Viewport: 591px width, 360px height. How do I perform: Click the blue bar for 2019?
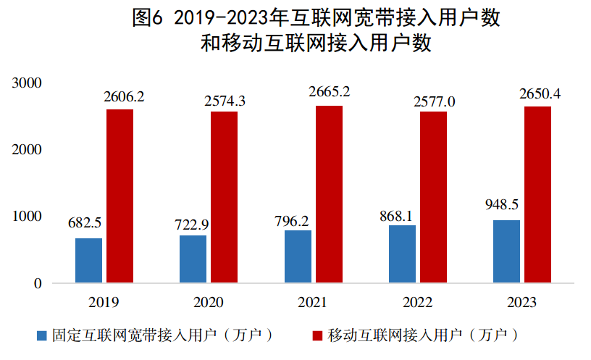(x=88, y=260)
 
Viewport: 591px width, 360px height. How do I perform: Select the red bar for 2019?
(x=120, y=196)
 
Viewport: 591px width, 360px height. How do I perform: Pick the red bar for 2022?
(x=433, y=197)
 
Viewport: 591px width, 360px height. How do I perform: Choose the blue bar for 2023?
(x=506, y=251)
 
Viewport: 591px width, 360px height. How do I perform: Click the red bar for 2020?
(x=225, y=197)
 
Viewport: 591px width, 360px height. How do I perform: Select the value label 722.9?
(x=193, y=222)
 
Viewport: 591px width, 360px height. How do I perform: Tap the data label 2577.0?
(x=434, y=101)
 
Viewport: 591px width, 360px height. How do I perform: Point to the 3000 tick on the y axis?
(x=28, y=83)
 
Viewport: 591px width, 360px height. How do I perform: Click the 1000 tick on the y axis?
(x=28, y=217)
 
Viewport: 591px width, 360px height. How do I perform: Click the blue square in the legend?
(x=41, y=336)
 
